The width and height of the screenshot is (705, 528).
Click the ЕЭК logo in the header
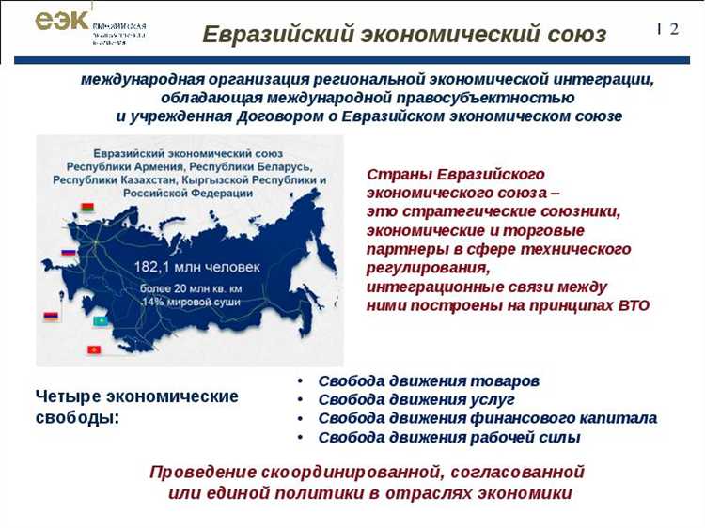tap(62, 23)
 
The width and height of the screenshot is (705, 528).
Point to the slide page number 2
tap(674, 29)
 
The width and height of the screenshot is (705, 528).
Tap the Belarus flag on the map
tap(87, 208)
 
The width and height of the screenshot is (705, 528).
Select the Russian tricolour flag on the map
tap(68, 253)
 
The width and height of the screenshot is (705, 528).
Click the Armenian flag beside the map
tap(51, 317)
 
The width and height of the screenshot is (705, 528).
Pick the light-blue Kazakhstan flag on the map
tap(100, 321)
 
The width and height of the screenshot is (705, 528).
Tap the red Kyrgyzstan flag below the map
tap(93, 349)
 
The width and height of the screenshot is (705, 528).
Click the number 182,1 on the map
tap(157, 266)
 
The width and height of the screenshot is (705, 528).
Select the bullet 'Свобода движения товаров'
tap(429, 381)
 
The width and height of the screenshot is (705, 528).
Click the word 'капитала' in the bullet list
tap(623, 419)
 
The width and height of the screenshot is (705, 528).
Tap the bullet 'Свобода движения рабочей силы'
tap(449, 438)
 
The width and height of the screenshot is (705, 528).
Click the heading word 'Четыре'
tap(68, 396)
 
